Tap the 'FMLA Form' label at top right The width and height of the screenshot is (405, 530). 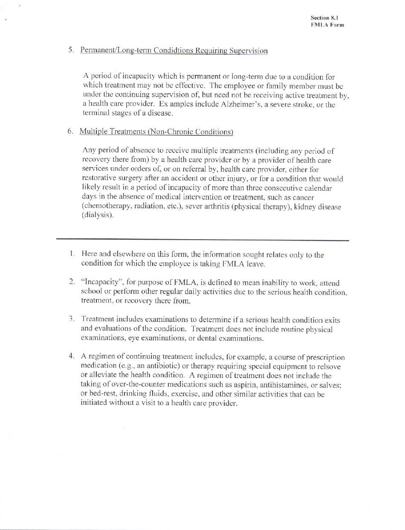(327, 25)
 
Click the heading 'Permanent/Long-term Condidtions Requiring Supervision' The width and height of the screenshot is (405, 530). (174, 51)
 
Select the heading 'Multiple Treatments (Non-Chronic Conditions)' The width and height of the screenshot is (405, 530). (156, 132)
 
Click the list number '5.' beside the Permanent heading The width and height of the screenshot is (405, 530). (71, 51)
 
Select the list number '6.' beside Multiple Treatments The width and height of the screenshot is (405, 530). (71, 132)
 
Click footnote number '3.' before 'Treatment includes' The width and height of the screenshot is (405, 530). (72, 320)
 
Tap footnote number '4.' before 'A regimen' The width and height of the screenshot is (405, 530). (72, 357)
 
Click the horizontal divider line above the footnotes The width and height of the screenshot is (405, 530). (202, 241)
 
